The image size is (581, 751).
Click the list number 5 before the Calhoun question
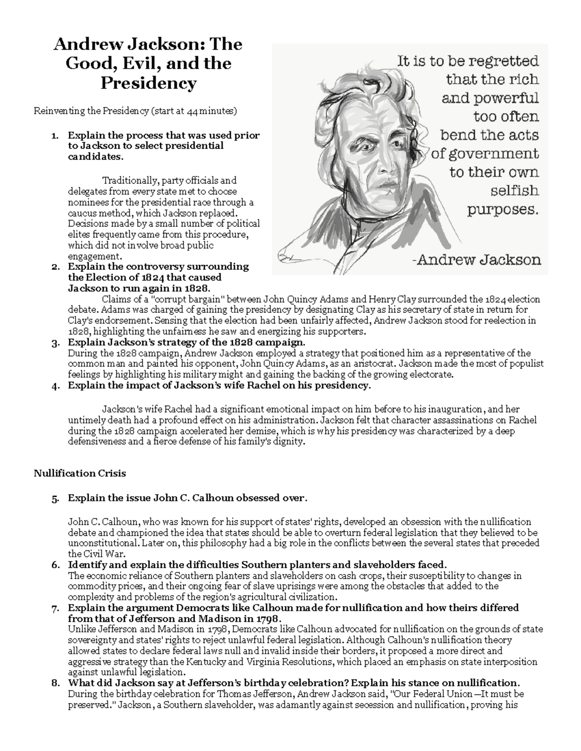tap(55, 499)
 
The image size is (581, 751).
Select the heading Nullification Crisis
tap(79, 473)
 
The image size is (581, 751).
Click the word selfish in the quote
tap(514, 191)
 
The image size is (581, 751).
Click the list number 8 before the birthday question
tap(55, 683)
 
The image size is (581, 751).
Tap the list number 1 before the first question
tap(55, 136)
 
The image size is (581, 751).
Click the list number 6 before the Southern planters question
tap(55, 565)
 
